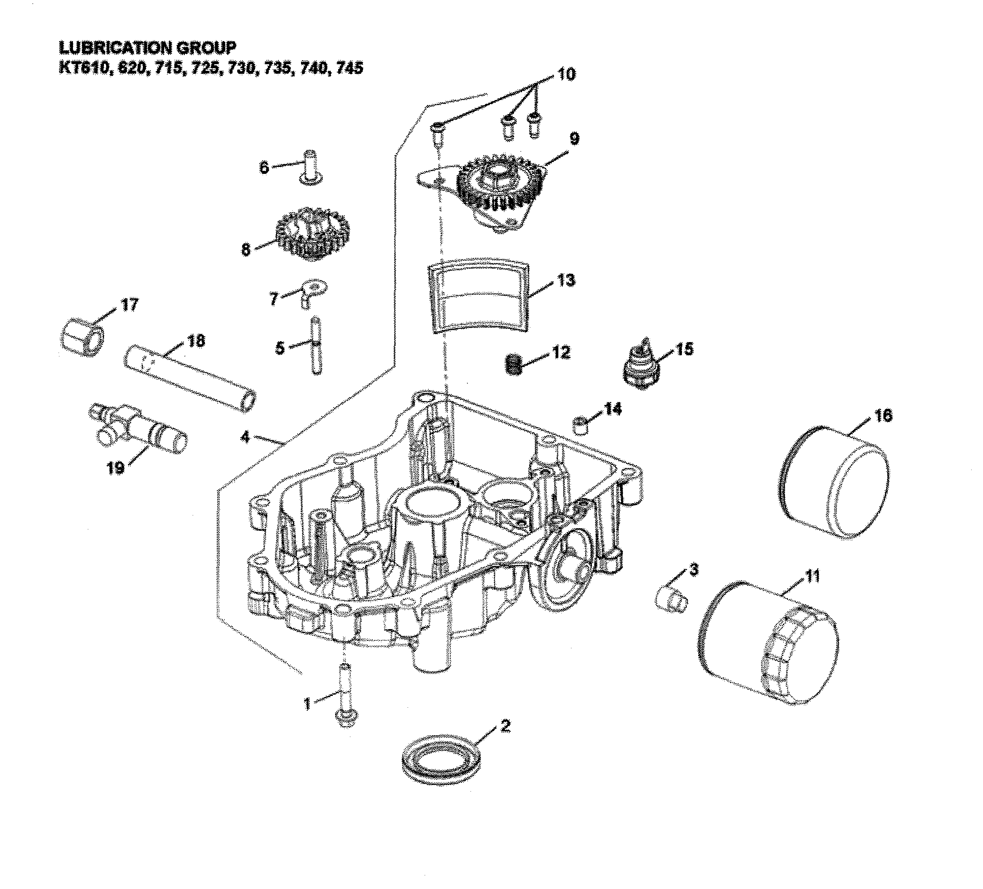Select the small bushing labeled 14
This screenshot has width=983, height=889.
(x=580, y=425)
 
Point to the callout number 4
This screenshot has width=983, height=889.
(x=245, y=437)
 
